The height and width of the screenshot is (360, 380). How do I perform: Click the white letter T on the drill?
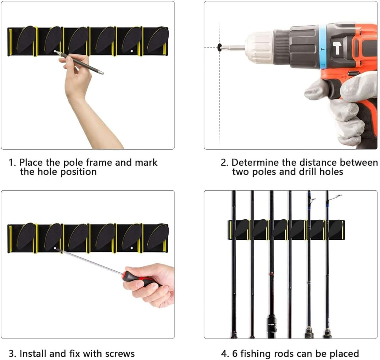(337, 48)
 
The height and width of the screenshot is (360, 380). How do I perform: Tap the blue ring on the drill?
(323, 46)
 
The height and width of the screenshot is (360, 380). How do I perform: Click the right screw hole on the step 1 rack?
(131, 51)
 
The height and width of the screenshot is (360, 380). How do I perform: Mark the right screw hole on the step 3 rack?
(131, 248)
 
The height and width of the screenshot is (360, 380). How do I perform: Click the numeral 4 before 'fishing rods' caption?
(223, 354)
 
